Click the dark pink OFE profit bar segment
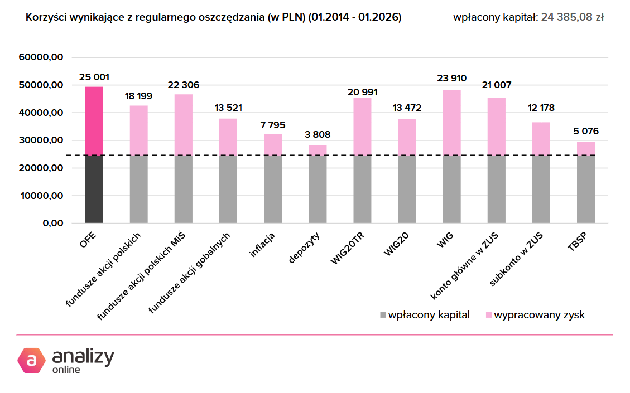pos(94,121)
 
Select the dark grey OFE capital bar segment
pos(94,190)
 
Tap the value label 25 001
pos(94,77)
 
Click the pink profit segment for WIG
pos(451,123)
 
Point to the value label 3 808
pos(318,134)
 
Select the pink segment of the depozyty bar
pos(318,151)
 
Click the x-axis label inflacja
pos(262,246)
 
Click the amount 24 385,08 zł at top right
pos(573,18)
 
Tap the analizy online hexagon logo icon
pos(31,360)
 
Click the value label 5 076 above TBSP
pos(585,132)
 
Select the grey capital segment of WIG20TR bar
pos(362,190)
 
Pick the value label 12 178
pos(541,108)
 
